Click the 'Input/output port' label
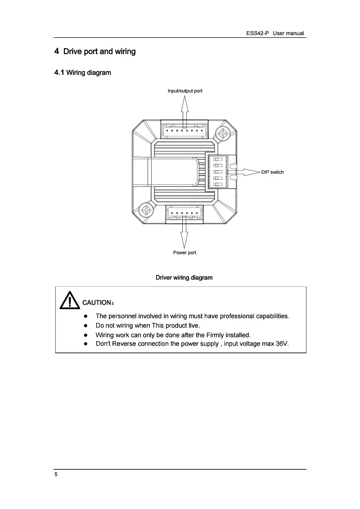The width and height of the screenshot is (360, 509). [184, 91]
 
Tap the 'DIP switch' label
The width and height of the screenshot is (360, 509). [272, 172]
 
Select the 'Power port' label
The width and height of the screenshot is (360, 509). [184, 252]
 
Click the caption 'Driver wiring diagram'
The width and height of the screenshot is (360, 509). [184, 278]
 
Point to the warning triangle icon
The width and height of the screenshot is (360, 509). [68, 300]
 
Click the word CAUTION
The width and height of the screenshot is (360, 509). [96, 302]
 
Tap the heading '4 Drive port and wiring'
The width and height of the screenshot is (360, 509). [95, 51]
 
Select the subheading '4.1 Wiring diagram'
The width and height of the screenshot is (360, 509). [82, 72]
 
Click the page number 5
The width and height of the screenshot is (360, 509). [56, 475]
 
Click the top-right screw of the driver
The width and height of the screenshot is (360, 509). [222, 133]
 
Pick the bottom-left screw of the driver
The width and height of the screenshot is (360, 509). [146, 210]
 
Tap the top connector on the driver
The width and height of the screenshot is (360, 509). [184, 131]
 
